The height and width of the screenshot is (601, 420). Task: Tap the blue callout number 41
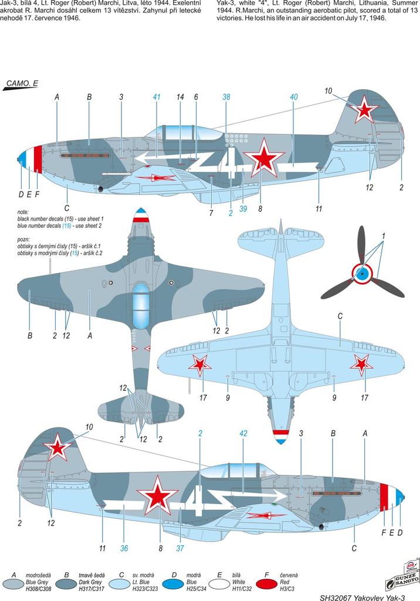coord(156,97)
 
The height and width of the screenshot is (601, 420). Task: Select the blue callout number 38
coord(226,97)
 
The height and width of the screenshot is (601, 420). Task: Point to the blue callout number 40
coord(294,97)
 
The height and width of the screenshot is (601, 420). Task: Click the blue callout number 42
coord(244,433)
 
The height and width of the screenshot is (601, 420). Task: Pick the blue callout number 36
coord(124,548)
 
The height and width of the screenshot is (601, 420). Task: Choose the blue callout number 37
coord(181,548)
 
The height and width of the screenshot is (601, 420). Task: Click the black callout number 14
coord(180,97)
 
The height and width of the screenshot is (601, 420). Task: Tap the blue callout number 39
coord(243,209)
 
